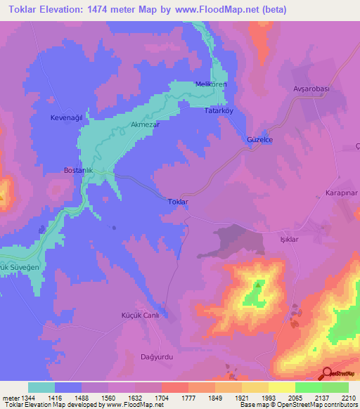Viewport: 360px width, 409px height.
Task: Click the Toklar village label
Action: (x=178, y=202)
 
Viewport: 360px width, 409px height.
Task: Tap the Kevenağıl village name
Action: (x=67, y=117)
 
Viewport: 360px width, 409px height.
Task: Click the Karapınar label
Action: (x=342, y=192)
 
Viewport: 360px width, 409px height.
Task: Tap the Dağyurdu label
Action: (x=156, y=356)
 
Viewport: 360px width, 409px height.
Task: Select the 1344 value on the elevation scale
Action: (x=28, y=396)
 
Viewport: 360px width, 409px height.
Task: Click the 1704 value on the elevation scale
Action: (x=162, y=396)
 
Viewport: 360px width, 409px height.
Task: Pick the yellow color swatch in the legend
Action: (x=281, y=387)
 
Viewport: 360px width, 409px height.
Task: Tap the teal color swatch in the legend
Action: (x=41, y=387)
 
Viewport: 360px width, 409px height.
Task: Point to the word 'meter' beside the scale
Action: (x=10, y=396)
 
